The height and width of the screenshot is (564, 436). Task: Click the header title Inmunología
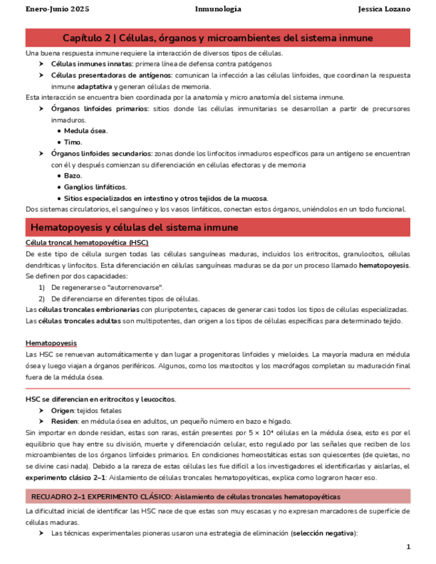[x=218, y=9]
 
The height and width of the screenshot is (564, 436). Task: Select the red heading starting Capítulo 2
[x=218, y=38]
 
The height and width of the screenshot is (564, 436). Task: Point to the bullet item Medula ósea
[x=86, y=131]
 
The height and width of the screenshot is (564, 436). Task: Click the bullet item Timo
[x=73, y=142]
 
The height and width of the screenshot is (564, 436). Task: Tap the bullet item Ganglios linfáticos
[x=95, y=187]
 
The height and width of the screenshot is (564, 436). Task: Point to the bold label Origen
[x=64, y=411]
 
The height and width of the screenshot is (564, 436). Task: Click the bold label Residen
[x=65, y=422]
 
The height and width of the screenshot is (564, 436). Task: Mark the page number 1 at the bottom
[x=408, y=547]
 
